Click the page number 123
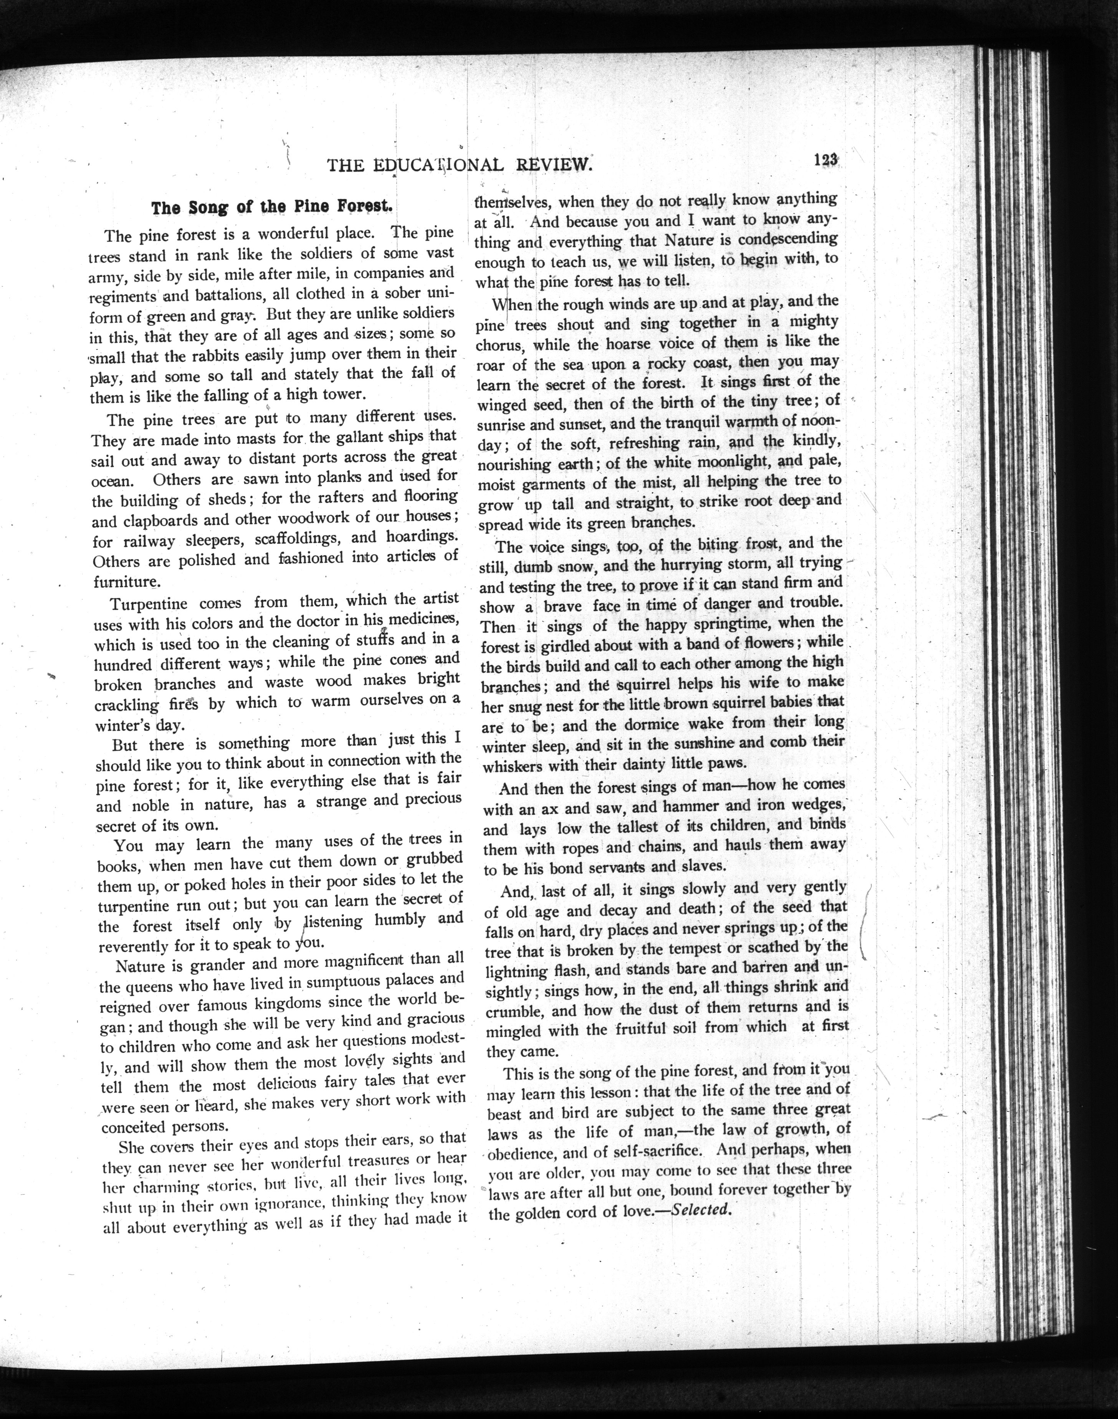pos(826,160)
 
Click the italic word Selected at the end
pos(700,1209)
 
